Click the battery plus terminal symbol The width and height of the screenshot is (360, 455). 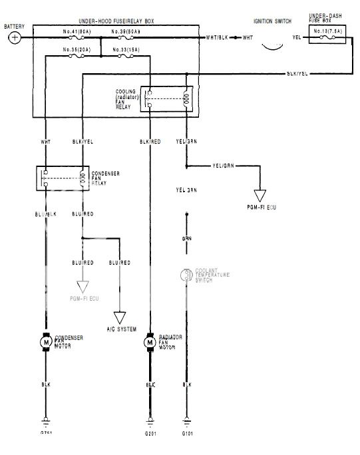[15, 38]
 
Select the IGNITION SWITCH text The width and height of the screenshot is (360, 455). [271, 21]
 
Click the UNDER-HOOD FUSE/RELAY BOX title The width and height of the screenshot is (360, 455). [116, 22]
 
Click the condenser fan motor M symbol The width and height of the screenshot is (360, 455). [46, 341]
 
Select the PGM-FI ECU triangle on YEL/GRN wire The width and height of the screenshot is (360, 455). [261, 196]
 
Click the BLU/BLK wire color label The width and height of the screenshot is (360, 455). [45, 214]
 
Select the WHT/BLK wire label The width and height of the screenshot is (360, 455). [218, 38]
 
